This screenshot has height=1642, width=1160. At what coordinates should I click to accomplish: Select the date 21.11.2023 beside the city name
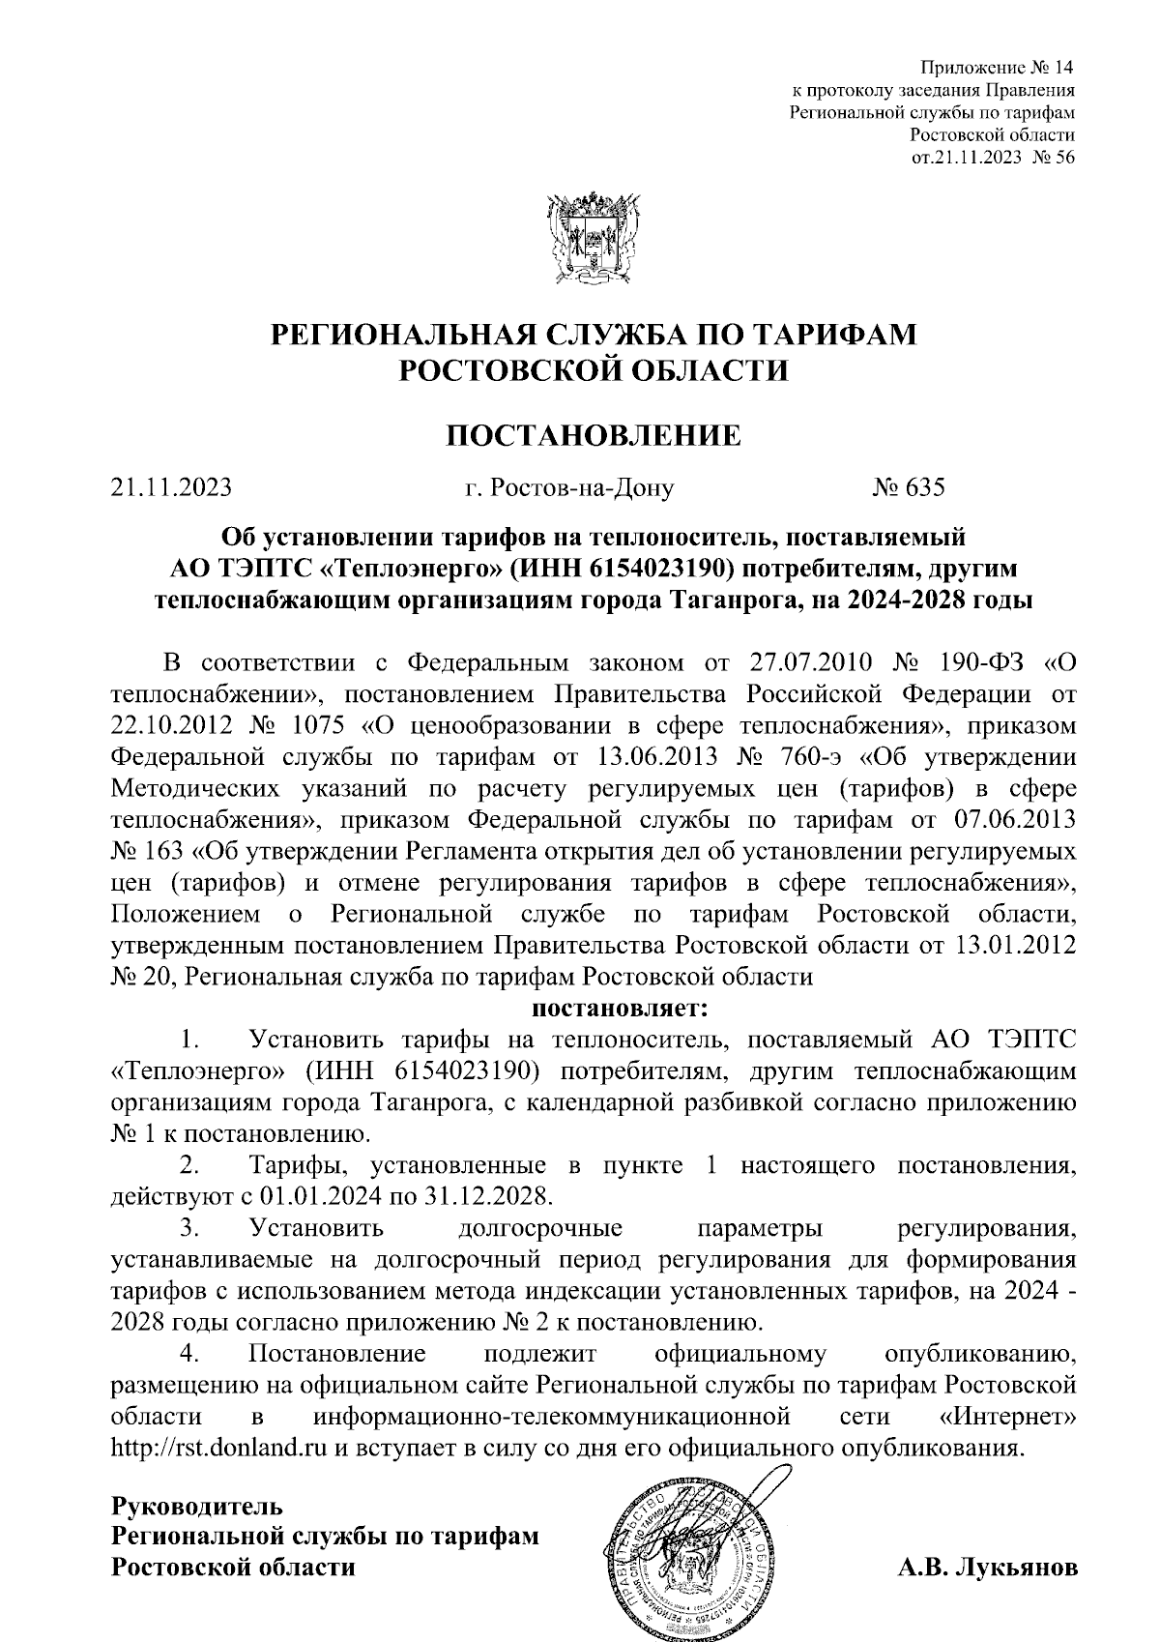tap(171, 486)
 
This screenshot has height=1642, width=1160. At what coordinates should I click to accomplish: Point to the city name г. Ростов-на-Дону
tap(568, 486)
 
